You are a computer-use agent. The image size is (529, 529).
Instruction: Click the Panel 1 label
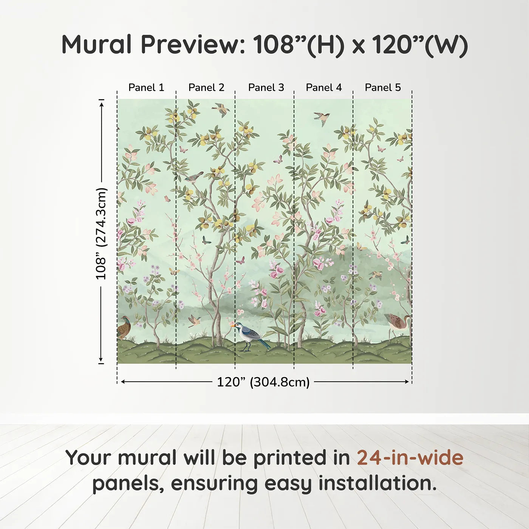point(146,88)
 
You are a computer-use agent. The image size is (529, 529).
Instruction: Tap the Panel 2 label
point(206,88)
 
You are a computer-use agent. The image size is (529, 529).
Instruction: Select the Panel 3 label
point(266,88)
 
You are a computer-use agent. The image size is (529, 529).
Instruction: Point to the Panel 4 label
point(324,88)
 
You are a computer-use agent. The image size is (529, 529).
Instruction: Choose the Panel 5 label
point(383,88)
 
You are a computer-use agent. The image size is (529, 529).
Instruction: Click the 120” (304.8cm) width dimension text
point(263,382)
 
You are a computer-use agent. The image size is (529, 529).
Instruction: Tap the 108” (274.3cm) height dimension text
point(101,234)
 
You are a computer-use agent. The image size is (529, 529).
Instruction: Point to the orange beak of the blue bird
point(232,325)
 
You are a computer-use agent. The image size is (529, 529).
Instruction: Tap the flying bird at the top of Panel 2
point(221,109)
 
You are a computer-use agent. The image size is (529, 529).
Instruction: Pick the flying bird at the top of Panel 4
point(322,118)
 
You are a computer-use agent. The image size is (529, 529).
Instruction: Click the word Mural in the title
point(96,45)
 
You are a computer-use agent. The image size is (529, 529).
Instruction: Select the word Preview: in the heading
point(193,45)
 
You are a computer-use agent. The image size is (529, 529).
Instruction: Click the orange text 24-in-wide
point(410,458)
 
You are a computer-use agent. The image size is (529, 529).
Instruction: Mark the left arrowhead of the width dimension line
point(122,382)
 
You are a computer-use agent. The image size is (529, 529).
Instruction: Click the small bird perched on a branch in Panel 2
point(194,177)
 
